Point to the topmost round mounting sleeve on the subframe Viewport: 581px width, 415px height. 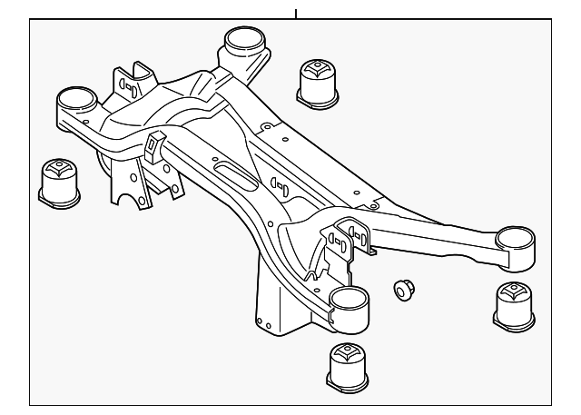coord(242,43)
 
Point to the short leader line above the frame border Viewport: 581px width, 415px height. coord(295,13)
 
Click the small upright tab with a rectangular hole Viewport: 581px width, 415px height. coord(153,145)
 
